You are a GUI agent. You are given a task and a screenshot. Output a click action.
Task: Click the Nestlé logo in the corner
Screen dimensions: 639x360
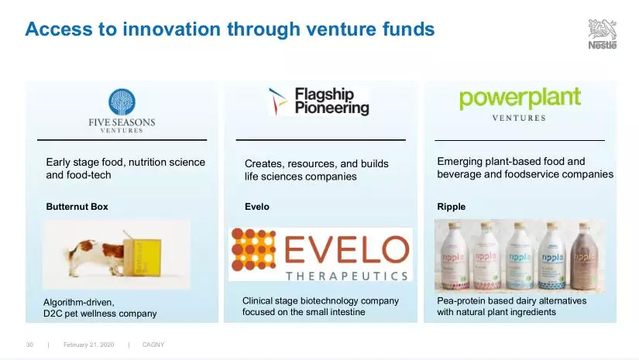pyautogui.click(x=603, y=34)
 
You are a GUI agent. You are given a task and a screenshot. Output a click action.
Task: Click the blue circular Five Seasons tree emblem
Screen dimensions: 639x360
pyautogui.click(x=122, y=102)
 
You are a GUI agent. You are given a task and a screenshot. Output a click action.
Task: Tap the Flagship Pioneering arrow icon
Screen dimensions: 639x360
pyautogui.click(x=277, y=101)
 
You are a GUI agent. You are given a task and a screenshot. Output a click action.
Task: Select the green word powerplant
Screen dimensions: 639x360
pyautogui.click(x=520, y=98)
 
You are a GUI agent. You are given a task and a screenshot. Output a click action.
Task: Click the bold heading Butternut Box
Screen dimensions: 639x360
pyautogui.click(x=77, y=207)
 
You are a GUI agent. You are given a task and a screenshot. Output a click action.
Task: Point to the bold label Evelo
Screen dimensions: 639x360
pyautogui.click(x=256, y=207)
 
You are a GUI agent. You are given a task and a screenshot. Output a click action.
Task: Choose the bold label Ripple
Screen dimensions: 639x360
pyautogui.click(x=451, y=207)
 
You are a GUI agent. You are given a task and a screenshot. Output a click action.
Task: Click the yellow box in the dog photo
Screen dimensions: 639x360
pyautogui.click(x=143, y=257)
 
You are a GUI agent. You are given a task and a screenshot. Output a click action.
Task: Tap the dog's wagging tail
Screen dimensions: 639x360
pyautogui.click(x=67, y=253)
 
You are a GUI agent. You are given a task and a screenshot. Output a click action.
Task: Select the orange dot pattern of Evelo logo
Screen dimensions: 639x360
pyautogui.click(x=253, y=249)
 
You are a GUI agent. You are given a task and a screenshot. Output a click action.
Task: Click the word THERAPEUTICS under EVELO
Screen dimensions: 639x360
pyautogui.click(x=347, y=276)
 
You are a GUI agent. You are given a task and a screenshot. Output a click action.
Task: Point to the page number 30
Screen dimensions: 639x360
pyautogui.click(x=29, y=345)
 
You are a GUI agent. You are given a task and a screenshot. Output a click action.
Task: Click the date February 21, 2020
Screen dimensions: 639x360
pyautogui.click(x=89, y=345)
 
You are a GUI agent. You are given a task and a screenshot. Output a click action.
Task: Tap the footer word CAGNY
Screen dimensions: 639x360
pyautogui.click(x=153, y=345)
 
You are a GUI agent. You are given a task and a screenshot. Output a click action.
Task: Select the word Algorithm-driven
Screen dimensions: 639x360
pyautogui.click(x=79, y=302)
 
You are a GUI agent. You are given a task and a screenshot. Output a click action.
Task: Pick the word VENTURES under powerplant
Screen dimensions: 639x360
pyautogui.click(x=519, y=118)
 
